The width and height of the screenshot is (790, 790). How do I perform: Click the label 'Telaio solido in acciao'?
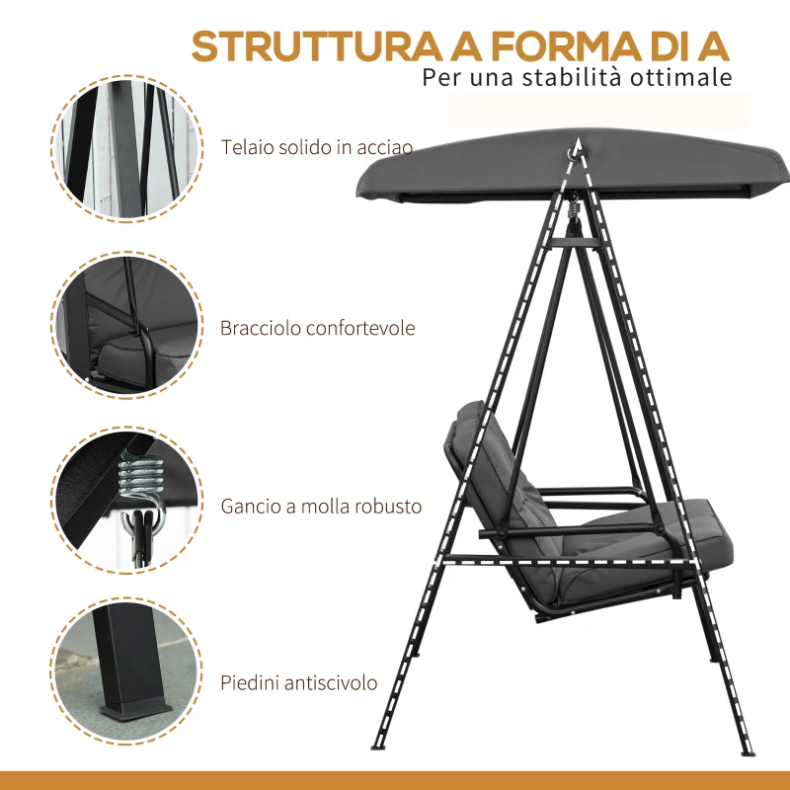[316, 147]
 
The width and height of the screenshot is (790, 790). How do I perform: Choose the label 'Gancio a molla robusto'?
[321, 507]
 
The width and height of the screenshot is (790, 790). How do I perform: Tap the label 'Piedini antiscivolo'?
[299, 682]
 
